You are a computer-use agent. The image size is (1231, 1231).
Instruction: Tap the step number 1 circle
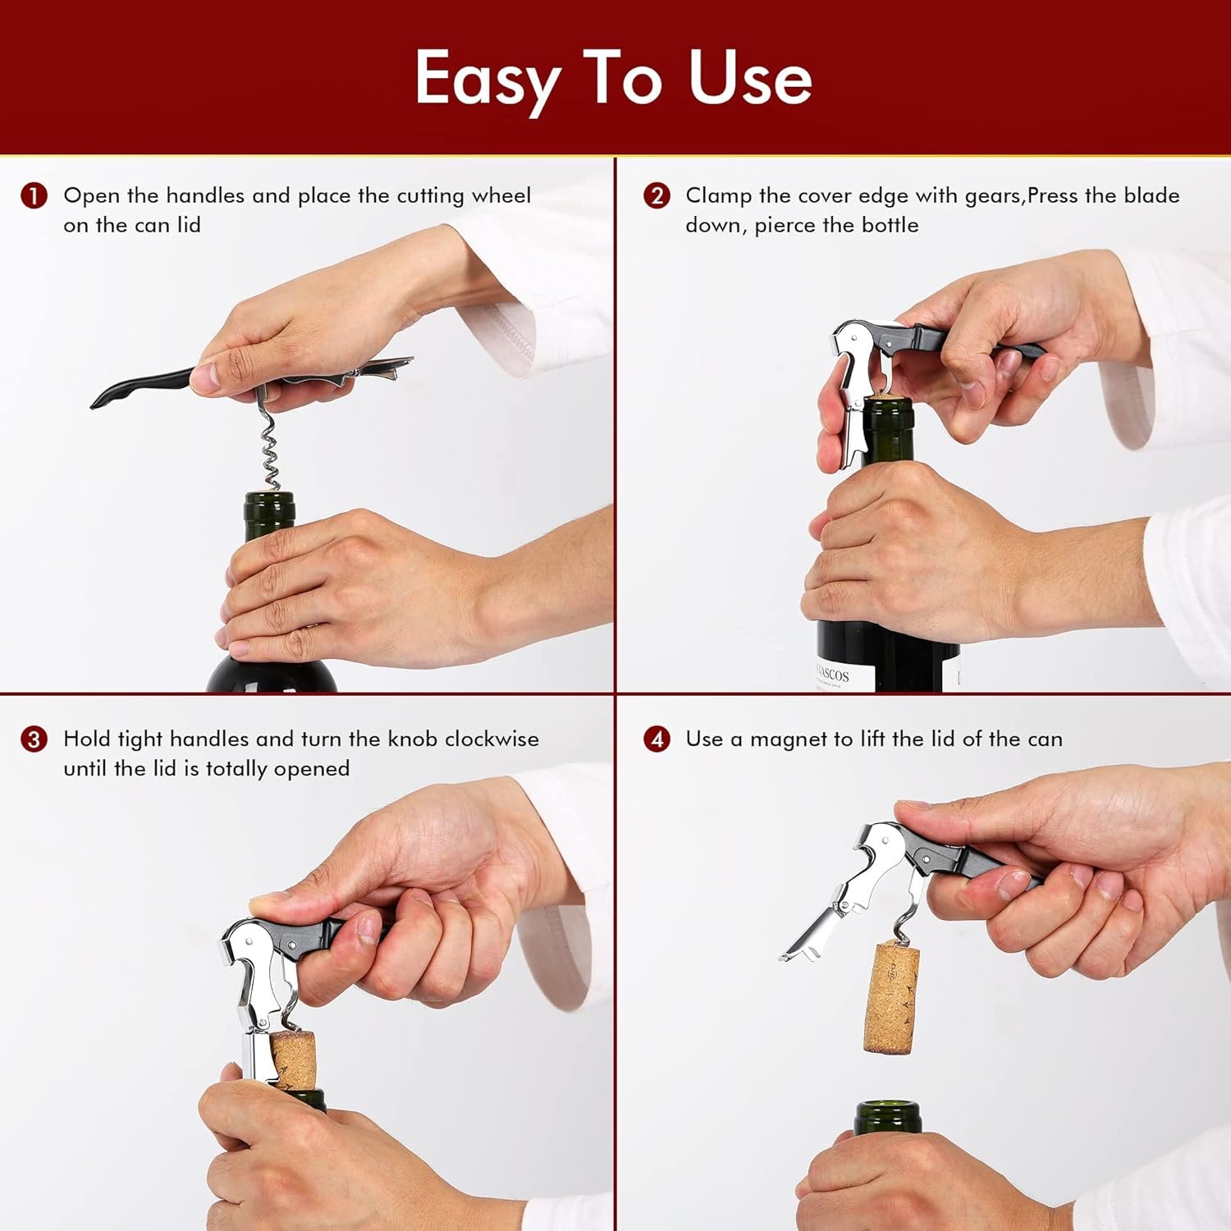coord(34,196)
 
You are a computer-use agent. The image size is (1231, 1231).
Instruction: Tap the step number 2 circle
coord(657,196)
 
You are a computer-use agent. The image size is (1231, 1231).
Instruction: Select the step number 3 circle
coord(34,739)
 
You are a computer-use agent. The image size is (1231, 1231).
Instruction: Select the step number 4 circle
coord(657,739)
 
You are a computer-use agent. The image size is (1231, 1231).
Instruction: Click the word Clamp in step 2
coord(718,196)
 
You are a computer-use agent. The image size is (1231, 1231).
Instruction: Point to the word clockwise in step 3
coord(492,739)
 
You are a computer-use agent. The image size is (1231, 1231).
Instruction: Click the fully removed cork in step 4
coord(891,998)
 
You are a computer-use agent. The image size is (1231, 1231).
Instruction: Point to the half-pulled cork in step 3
coord(293,1059)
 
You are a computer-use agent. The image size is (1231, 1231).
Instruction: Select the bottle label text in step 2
coord(831,675)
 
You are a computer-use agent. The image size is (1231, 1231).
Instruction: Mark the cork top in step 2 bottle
coord(885,396)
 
